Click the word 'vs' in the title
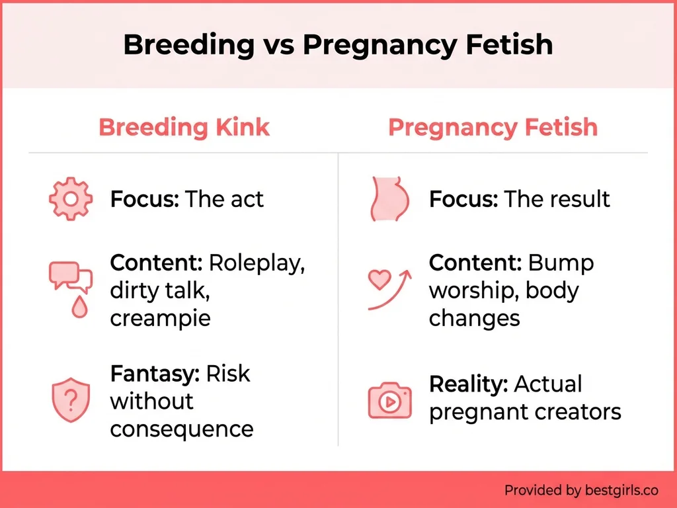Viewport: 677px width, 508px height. coord(278,45)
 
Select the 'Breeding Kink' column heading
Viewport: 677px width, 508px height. coord(184,127)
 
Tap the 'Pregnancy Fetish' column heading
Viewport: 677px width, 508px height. coord(493,127)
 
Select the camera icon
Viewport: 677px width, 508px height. coord(389,399)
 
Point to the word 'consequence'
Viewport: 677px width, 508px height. coord(182,429)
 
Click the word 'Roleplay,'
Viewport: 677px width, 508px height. coord(257,263)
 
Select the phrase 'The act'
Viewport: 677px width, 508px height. coord(224,198)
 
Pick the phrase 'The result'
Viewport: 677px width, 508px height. coord(557,198)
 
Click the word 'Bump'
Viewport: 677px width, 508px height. coord(561,263)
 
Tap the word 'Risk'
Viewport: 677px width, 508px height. coord(228,373)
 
